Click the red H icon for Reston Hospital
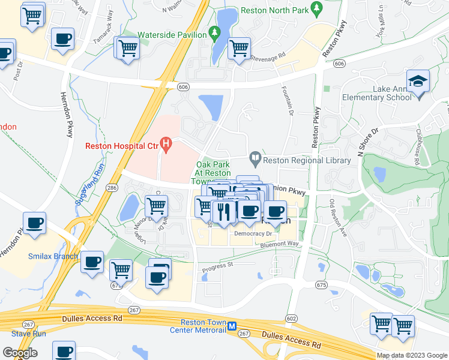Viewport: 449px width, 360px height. pyautogui.click(x=169, y=145)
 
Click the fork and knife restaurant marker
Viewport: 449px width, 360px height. pyautogui.click(x=223, y=211)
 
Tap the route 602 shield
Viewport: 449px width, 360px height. pyautogui.click(x=292, y=319)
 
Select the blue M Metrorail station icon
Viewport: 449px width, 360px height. pyautogui.click(x=231, y=326)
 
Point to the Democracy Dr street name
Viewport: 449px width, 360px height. pyautogui.click(x=253, y=233)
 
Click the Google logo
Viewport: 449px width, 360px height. pyautogui.click(x=20, y=353)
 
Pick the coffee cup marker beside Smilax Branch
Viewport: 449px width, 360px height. pyautogui.click(x=92, y=262)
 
